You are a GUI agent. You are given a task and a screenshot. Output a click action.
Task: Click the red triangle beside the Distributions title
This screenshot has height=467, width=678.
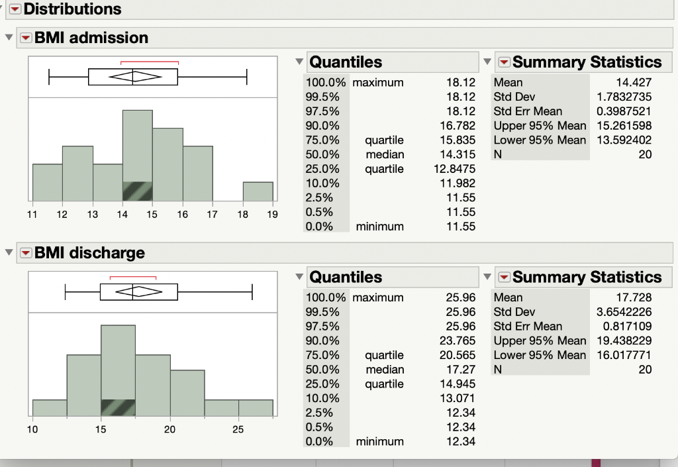(15, 9)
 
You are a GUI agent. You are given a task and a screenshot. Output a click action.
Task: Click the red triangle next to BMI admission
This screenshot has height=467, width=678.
(25, 38)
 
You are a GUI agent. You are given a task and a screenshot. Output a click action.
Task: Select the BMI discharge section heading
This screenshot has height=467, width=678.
(89, 253)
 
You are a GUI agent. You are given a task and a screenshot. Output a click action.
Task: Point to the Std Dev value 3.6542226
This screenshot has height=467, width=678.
(625, 312)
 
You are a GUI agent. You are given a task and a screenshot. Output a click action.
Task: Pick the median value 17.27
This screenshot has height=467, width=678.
(461, 370)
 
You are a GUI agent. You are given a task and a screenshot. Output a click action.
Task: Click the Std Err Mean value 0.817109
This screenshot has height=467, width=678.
(628, 327)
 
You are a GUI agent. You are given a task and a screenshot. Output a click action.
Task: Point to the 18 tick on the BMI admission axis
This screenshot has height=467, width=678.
(242, 215)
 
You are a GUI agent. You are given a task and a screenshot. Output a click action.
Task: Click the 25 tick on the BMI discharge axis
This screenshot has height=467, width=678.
(238, 430)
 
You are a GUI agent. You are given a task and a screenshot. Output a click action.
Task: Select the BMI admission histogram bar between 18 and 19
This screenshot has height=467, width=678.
(258, 191)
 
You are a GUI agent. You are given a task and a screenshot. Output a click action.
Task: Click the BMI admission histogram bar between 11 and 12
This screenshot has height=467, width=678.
(47, 182)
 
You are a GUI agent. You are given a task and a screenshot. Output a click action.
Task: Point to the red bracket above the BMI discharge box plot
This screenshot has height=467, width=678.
(132, 277)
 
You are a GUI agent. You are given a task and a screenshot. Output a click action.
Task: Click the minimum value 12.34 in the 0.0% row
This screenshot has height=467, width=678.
(461, 441)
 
